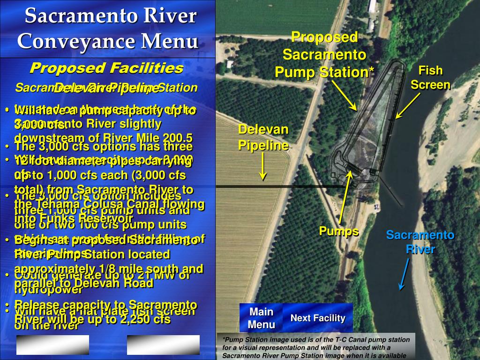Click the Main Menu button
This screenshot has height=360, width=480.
(x=261, y=318)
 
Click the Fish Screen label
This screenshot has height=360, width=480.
(x=430, y=78)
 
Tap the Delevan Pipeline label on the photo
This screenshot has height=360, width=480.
(x=263, y=137)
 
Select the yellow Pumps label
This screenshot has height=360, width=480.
(x=338, y=231)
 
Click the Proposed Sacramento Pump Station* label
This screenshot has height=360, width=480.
(x=324, y=55)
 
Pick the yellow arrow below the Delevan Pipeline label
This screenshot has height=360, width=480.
(x=263, y=167)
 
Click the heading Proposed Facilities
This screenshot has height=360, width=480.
(x=106, y=68)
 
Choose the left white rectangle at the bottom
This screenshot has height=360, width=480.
(x=52, y=345)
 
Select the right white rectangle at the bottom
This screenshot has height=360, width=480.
(x=163, y=345)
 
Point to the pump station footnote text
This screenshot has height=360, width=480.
(x=313, y=347)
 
